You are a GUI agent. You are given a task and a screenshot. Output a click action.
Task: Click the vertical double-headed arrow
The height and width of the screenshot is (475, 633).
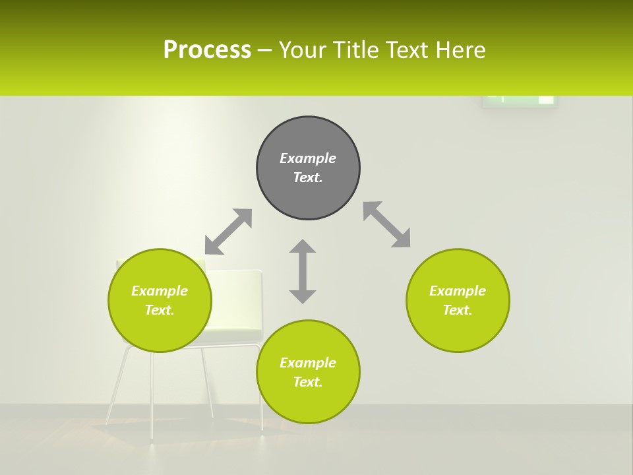click(303, 271)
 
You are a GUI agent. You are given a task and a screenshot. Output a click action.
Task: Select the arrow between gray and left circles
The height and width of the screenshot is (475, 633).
click(228, 232)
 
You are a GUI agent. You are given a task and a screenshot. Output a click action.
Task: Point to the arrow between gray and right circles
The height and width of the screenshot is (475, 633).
click(387, 224)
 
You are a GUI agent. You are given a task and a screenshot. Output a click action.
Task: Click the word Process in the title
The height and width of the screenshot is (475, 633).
click(207, 50)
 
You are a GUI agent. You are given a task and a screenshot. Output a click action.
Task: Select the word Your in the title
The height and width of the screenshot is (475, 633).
click(303, 50)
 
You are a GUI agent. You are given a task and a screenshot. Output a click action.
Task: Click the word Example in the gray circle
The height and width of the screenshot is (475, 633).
click(308, 158)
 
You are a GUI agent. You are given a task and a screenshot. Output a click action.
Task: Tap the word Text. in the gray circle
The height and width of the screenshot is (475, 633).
click(308, 177)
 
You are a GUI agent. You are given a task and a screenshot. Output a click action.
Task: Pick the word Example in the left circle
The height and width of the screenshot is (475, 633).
click(160, 291)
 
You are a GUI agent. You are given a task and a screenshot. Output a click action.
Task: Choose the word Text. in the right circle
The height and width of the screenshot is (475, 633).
click(458, 310)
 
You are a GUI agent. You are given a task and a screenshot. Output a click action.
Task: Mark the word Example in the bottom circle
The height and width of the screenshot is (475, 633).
click(308, 363)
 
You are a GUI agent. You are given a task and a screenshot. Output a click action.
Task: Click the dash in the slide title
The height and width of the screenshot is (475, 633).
click(265, 51)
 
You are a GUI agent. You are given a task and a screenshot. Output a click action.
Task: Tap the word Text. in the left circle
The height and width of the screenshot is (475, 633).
click(160, 310)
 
